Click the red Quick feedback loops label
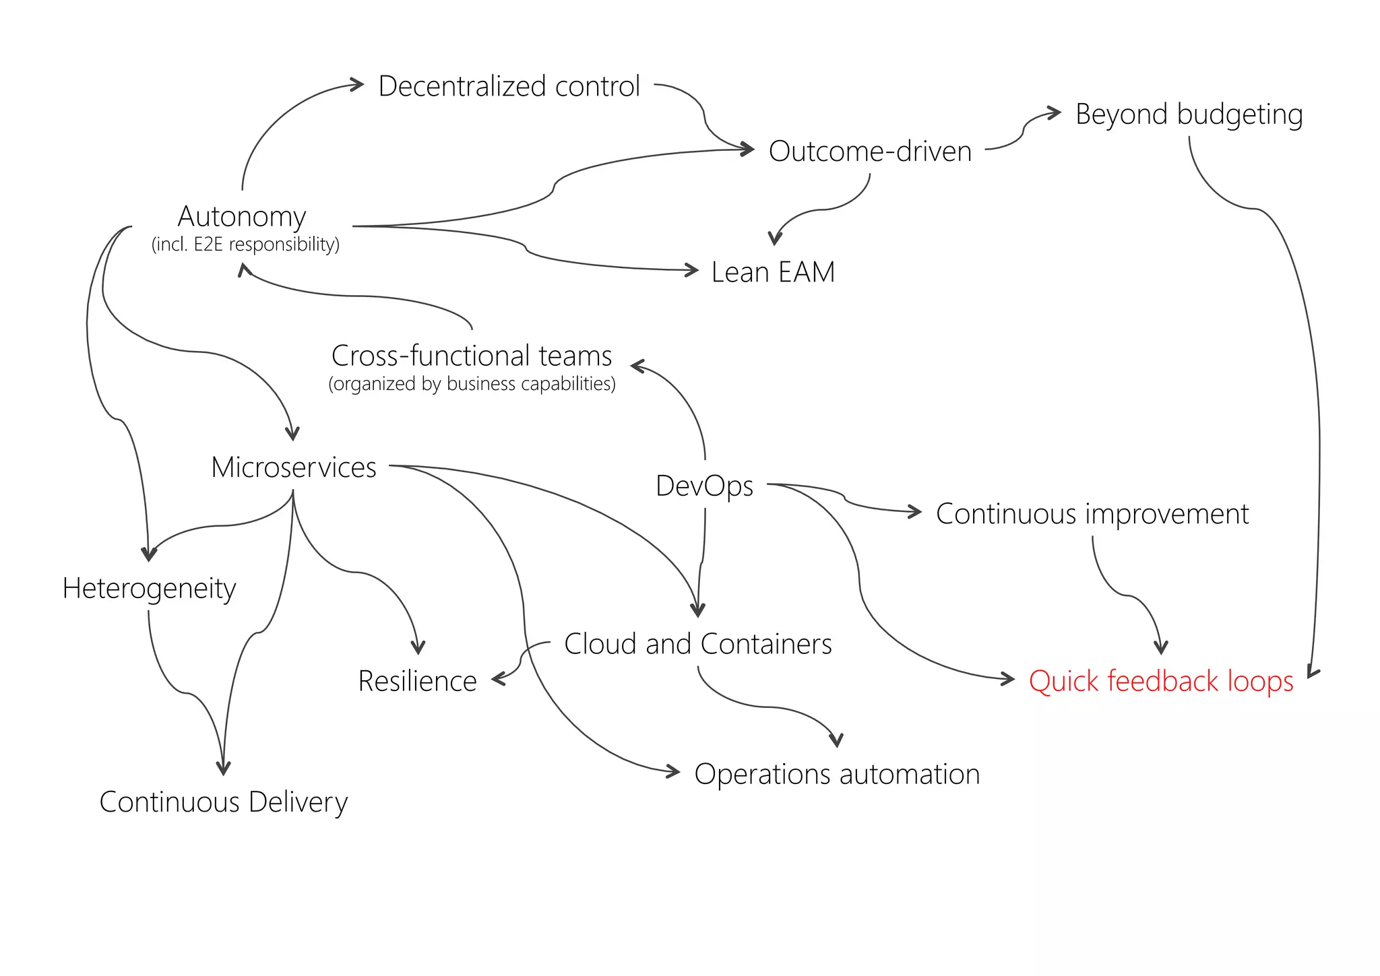[1160, 681]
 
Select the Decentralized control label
[509, 86]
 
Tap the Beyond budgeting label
[1189, 114]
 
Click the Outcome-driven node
[870, 151]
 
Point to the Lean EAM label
[773, 272]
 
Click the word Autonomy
[242, 216]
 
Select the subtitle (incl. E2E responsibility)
[245, 244]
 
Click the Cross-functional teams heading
[472, 355]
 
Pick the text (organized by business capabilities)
[472, 384]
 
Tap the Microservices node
[294, 467]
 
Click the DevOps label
[704, 486]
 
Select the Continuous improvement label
[1092, 514]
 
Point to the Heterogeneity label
[149, 588]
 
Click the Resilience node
[417, 681]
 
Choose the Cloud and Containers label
[697, 644]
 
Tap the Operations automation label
[837, 774]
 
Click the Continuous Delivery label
[223, 802]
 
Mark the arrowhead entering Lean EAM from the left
[693, 270]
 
